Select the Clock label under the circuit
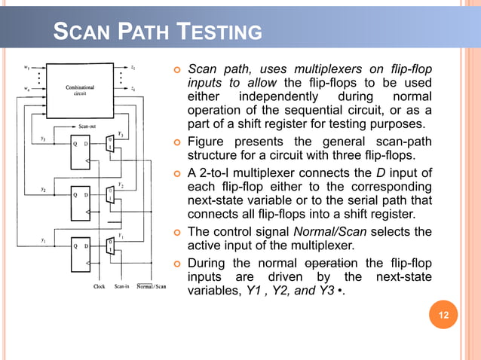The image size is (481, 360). point(99,286)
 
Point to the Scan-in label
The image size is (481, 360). point(122,286)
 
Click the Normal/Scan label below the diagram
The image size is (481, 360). point(149,286)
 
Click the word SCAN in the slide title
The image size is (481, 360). point(81,33)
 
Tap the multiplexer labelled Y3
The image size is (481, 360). point(110,144)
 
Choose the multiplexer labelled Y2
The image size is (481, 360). point(110,195)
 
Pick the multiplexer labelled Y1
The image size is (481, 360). point(110,246)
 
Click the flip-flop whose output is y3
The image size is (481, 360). point(78,148)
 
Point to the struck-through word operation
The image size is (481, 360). point(330,263)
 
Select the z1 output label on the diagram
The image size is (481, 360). point(133,67)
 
